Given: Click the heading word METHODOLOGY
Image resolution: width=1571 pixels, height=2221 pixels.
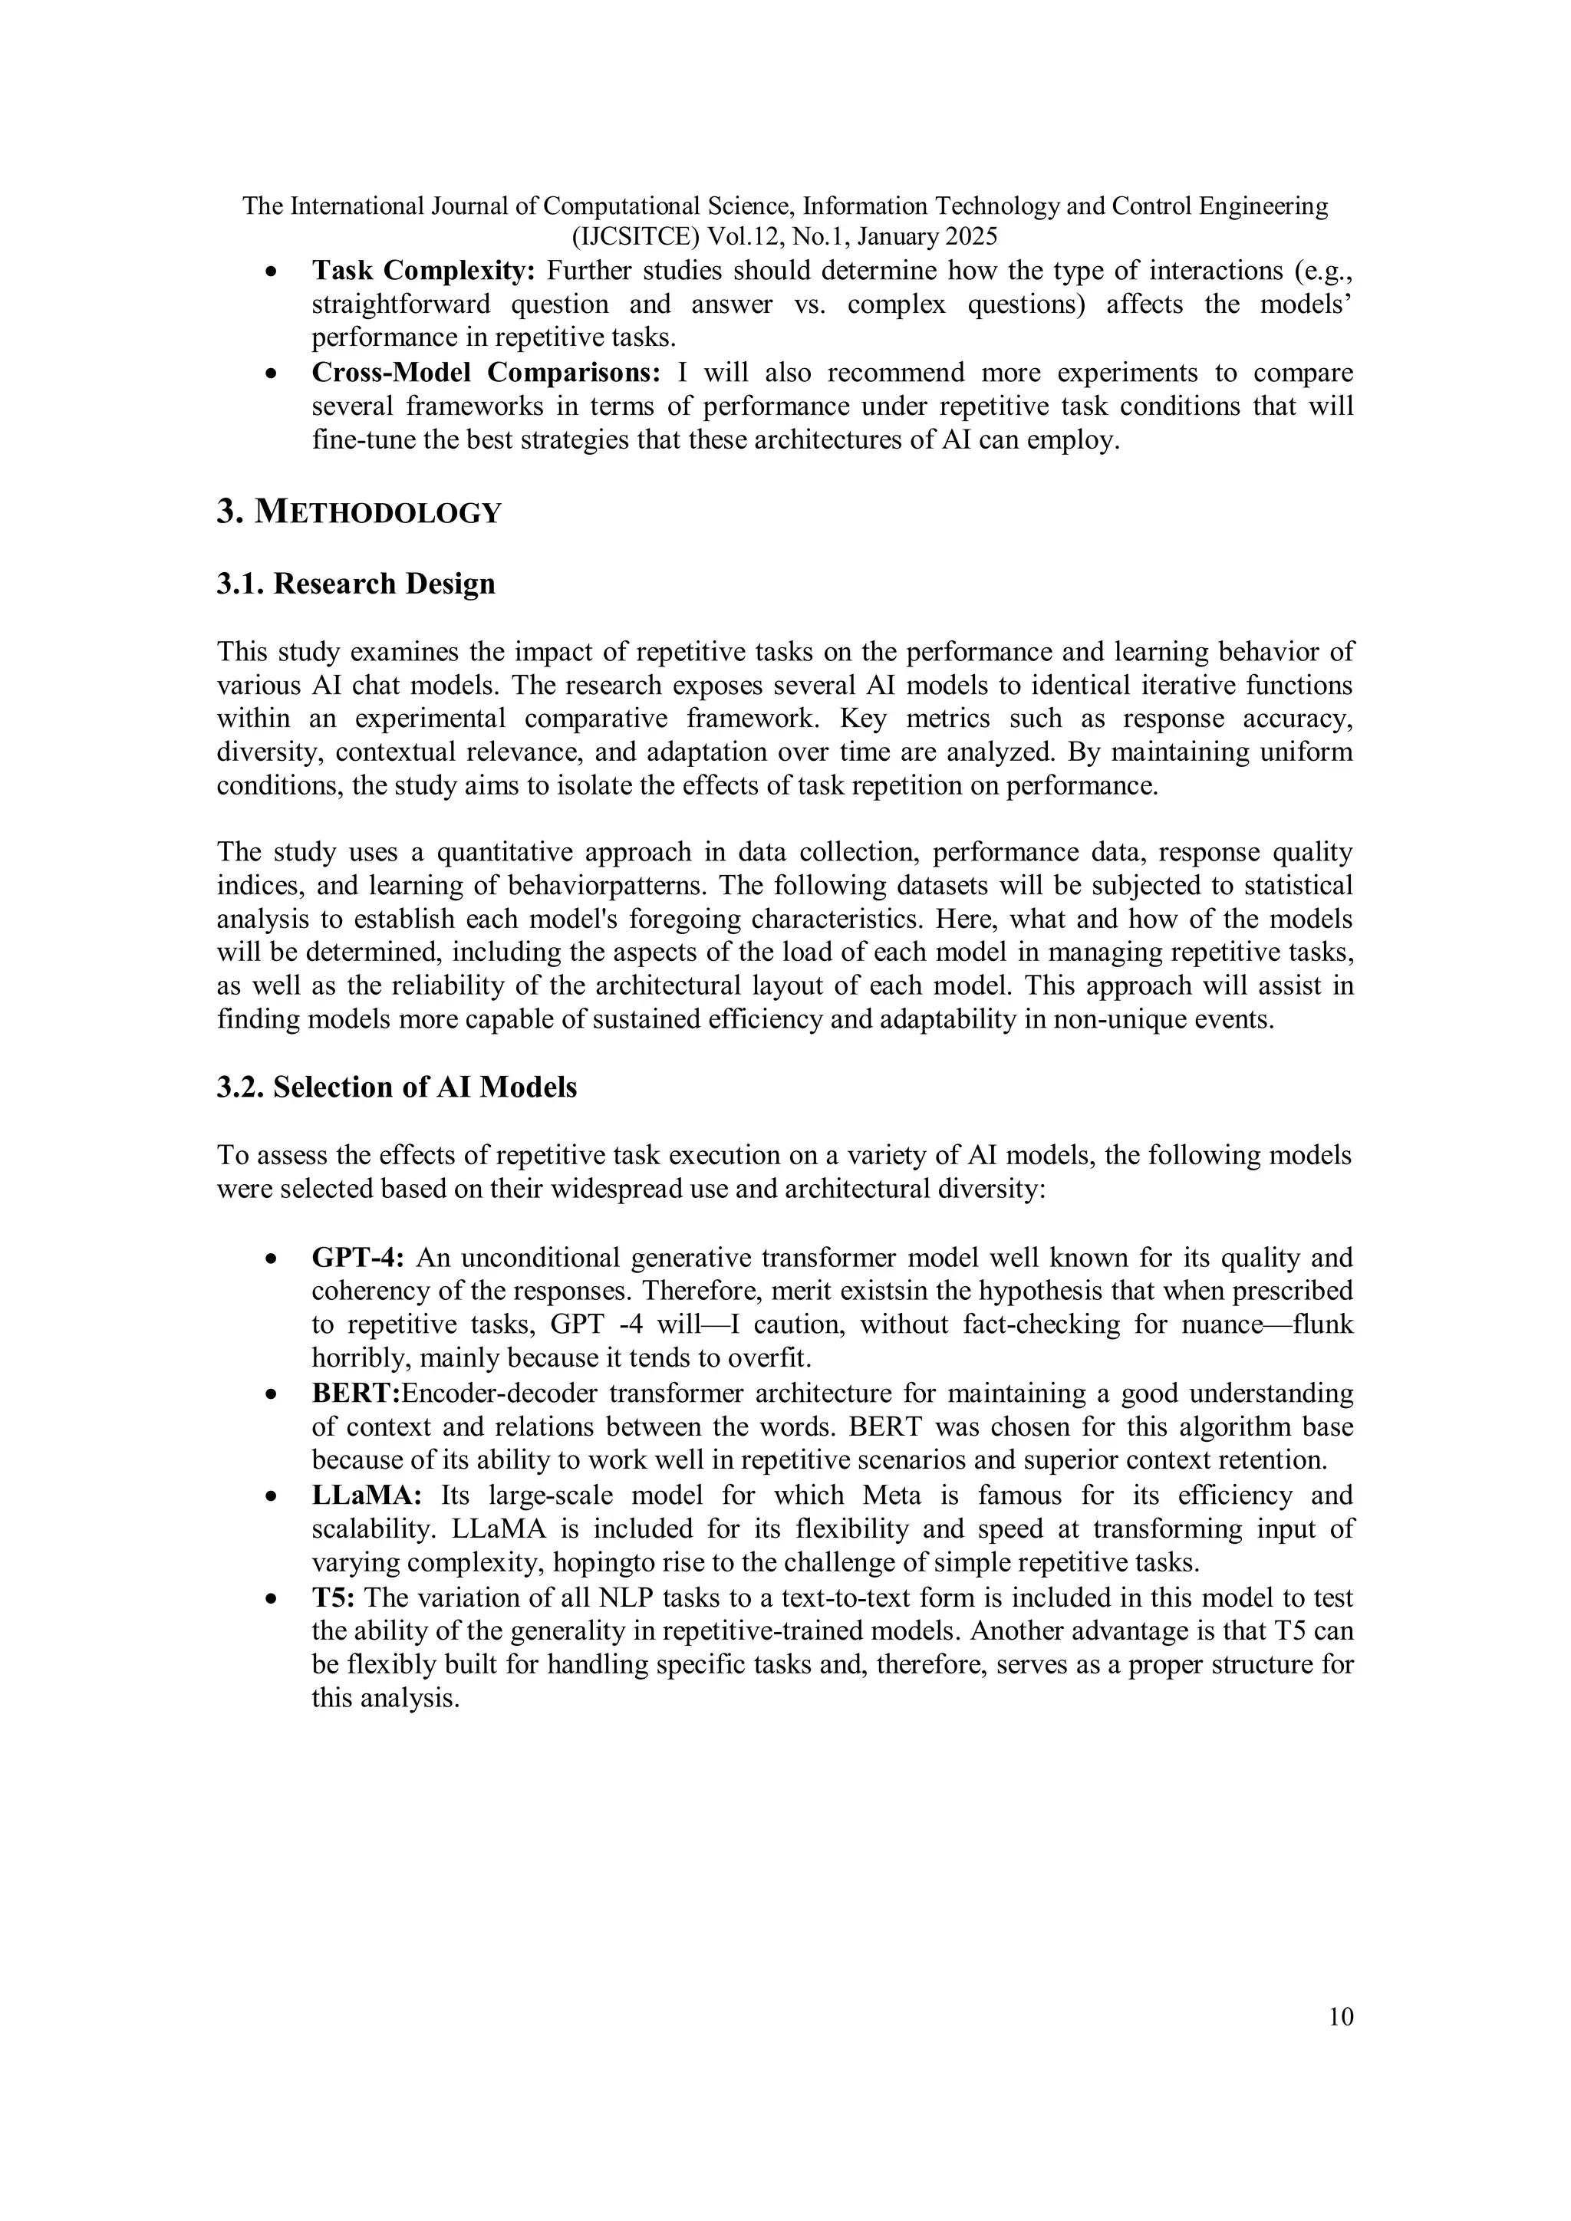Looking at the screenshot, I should [x=378, y=513].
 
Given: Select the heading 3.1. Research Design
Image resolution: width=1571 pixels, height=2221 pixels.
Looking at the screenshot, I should [x=356, y=584].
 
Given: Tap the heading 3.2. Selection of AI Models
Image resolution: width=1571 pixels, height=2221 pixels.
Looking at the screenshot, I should [x=397, y=1087].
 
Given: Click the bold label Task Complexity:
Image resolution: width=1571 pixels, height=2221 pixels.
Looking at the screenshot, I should [x=423, y=271].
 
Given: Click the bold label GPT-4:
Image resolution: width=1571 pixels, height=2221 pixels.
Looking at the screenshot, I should [x=357, y=1258].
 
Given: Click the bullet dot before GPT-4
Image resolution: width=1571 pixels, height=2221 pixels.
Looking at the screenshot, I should [x=274, y=1259].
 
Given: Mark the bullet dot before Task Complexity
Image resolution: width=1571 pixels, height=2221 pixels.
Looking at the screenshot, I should [x=274, y=271].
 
